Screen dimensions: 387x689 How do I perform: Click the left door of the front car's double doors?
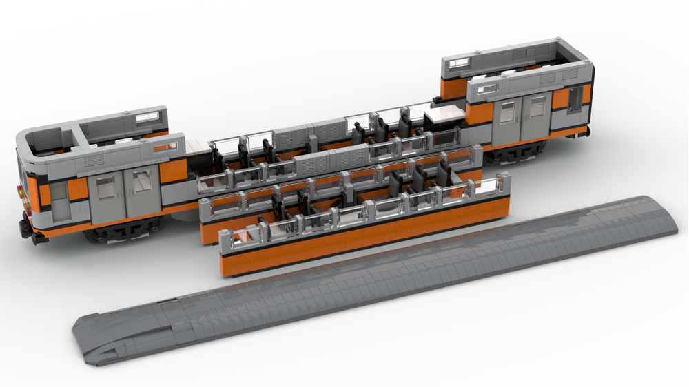pos(105,196)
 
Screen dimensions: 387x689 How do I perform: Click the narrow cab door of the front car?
pos(59,201)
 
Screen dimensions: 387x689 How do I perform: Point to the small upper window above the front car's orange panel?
pos(165,146)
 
